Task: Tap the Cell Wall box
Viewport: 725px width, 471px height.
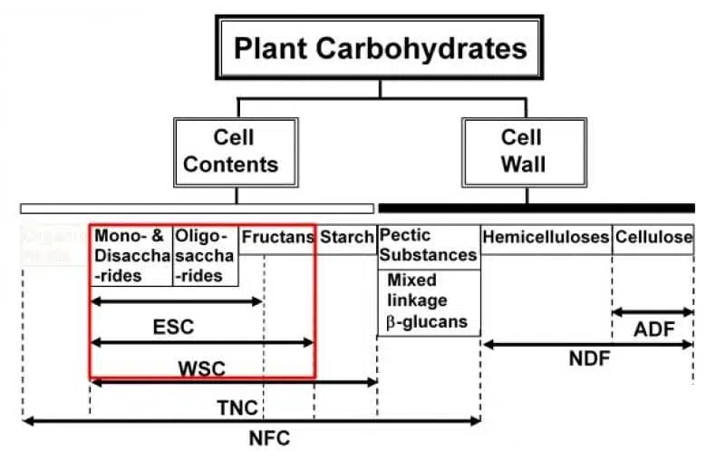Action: pos(523,152)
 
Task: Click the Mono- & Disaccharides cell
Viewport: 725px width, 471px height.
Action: pos(131,255)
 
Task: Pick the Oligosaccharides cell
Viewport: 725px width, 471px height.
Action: pos(205,255)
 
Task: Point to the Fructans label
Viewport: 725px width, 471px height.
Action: pos(276,238)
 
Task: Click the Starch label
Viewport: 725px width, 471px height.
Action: pos(346,238)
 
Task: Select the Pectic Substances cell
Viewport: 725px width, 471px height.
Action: pos(428,246)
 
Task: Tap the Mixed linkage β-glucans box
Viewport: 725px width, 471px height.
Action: pos(428,301)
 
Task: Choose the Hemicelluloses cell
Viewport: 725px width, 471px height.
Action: pos(546,238)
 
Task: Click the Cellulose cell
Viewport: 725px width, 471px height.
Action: pos(653,238)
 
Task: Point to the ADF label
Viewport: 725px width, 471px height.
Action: pos(653,329)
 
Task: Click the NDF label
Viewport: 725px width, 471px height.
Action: pos(589,358)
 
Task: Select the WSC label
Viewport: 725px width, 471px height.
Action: pos(201,368)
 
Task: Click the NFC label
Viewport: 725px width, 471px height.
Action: pos(269,438)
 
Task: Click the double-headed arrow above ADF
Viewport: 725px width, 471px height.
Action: pos(653,311)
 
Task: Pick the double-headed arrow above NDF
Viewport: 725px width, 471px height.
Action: pos(588,344)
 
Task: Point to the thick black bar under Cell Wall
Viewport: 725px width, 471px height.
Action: pos(536,208)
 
